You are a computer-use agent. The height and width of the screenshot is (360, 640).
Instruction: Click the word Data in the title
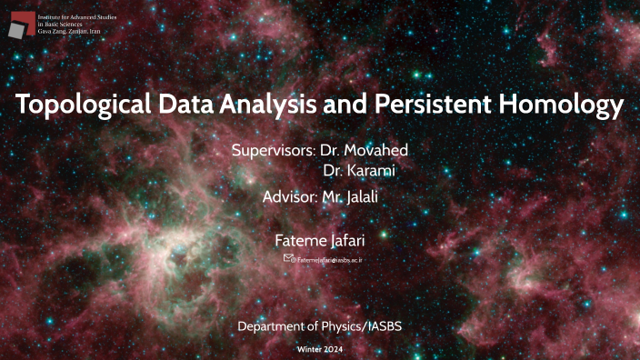tap(182, 106)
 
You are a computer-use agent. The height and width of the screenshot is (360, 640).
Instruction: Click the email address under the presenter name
tap(330, 260)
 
